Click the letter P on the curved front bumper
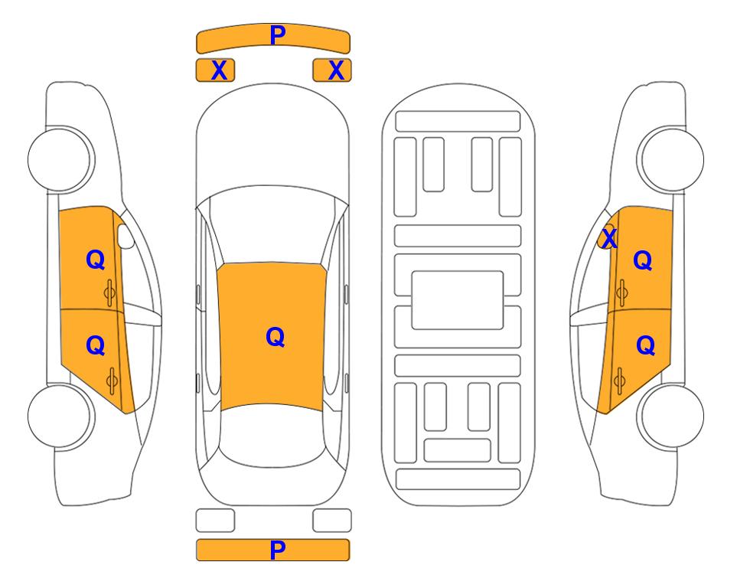278,35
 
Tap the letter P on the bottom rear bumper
278,550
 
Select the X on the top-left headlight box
219,70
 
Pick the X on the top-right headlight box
336,70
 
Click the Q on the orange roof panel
276,337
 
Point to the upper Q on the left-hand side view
96,260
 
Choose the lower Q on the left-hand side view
96,346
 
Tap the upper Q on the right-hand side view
643,260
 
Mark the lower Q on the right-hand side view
645,346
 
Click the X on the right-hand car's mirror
609,238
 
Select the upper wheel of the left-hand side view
61,159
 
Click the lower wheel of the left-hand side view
61,416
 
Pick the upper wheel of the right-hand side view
670,159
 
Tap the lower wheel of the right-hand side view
670,416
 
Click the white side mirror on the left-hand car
126,236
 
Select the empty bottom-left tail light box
215,521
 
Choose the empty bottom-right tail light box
332,521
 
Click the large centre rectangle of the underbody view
458,300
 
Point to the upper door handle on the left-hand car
109,292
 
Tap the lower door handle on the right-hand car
619,381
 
